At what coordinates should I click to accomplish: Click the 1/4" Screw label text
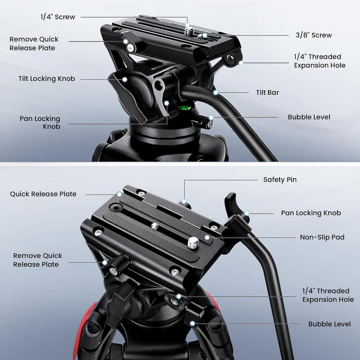tap(57, 17)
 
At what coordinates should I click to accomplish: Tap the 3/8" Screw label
tap(313, 35)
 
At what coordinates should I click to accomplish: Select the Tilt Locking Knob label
tap(46, 79)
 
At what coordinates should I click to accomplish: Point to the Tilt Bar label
tap(267, 92)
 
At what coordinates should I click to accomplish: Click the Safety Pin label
tap(280, 180)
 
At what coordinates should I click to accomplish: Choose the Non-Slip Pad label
tap(322, 237)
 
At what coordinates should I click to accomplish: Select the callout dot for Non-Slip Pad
tap(207, 238)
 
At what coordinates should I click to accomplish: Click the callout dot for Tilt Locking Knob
tap(124, 79)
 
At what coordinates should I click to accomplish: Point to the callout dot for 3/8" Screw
tap(205, 35)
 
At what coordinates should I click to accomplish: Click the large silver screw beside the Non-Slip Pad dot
tap(193, 243)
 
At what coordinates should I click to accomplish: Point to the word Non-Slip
tap(313, 237)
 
